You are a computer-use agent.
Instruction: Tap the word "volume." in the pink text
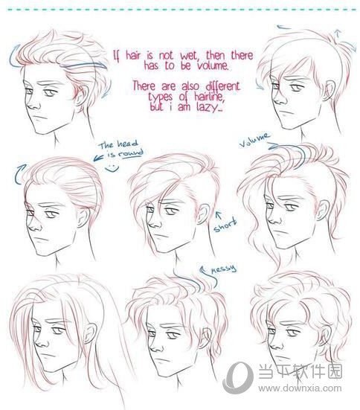[213, 65]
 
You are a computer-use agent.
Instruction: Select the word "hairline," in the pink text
[210, 97]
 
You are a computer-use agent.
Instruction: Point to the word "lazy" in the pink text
[208, 107]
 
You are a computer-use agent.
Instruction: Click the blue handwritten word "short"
[225, 225]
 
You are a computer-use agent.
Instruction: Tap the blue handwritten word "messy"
[224, 269]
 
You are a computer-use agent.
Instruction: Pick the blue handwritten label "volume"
[254, 140]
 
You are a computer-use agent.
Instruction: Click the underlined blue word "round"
[131, 153]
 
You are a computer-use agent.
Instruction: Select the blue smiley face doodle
[112, 168]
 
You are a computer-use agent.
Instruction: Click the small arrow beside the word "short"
[218, 216]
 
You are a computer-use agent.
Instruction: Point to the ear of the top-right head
[330, 90]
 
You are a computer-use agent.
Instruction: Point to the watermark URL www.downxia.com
[300, 388]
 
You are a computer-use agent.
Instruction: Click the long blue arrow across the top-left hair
[83, 65]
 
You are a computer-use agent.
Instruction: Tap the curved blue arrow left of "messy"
[208, 278]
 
